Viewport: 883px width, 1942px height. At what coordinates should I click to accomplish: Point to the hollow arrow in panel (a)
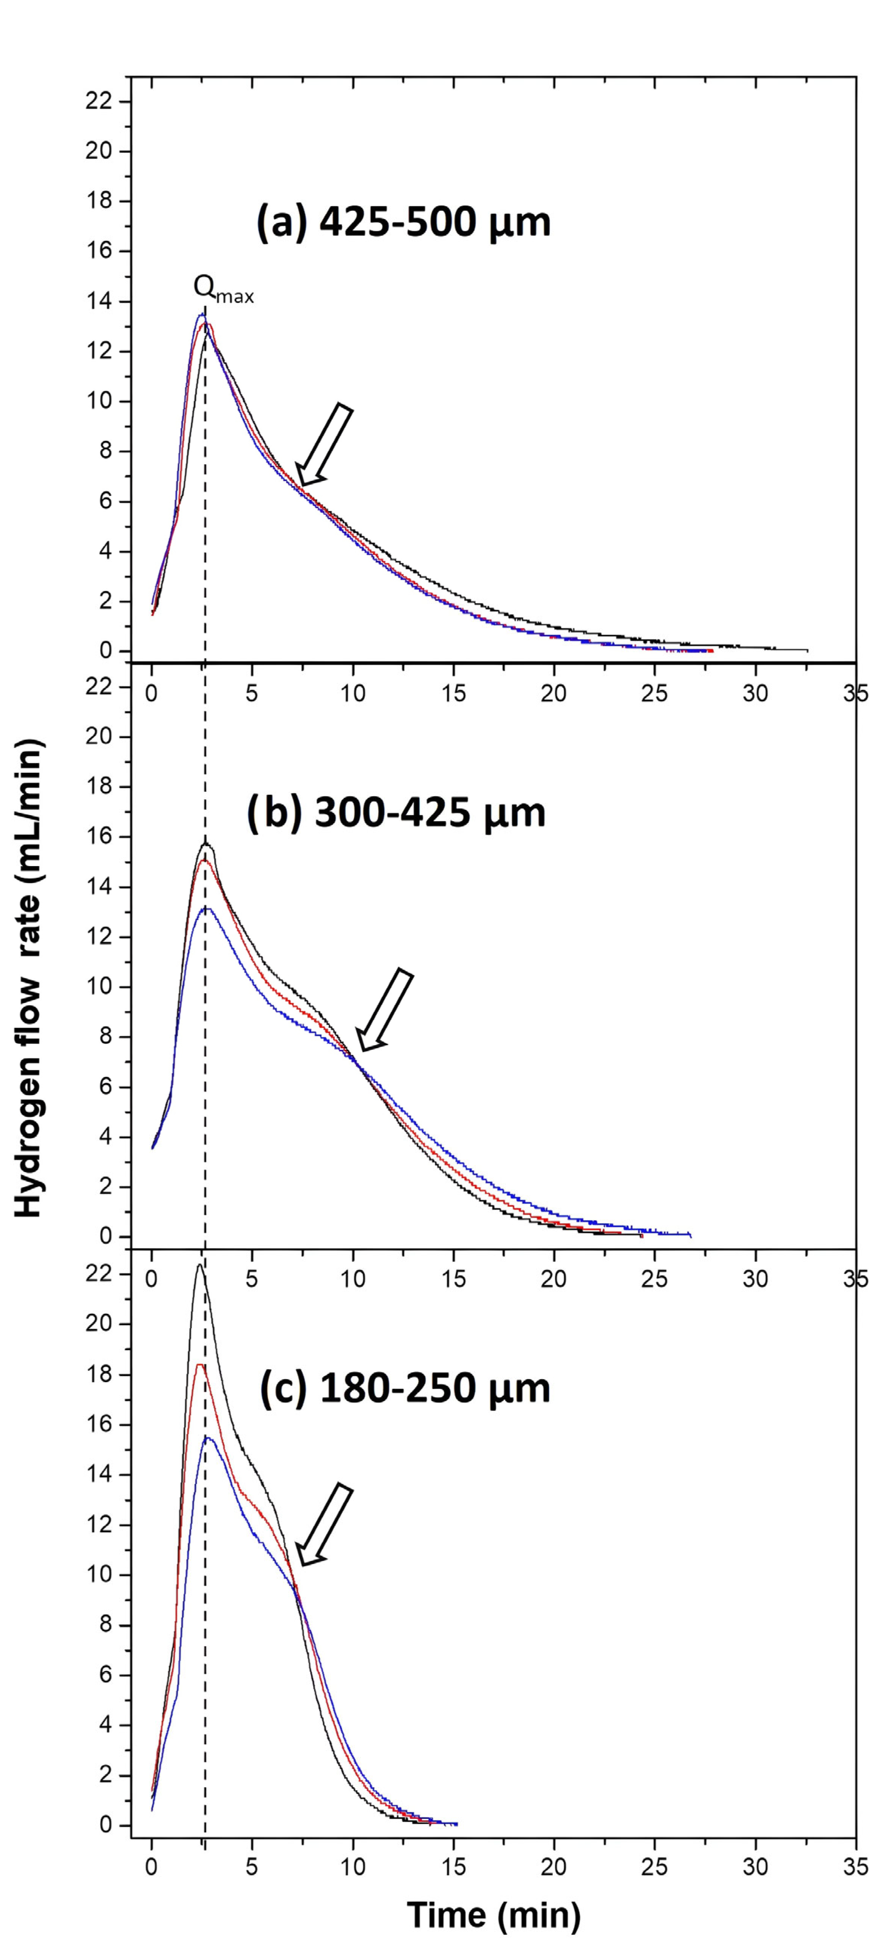[x=324, y=445]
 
